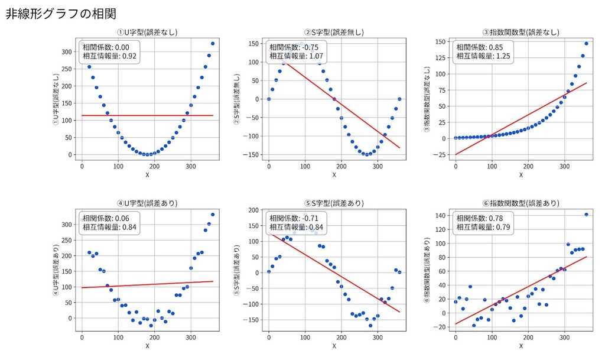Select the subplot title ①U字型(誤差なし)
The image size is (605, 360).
[147, 33]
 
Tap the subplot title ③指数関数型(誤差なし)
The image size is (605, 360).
[521, 33]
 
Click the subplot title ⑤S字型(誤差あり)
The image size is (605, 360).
[334, 203]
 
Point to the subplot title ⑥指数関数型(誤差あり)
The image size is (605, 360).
[521, 203]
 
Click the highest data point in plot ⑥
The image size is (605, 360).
[586, 215]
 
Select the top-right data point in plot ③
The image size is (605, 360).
[586, 43]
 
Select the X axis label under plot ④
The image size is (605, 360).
[147, 346]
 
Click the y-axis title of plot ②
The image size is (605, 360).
[237, 99]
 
